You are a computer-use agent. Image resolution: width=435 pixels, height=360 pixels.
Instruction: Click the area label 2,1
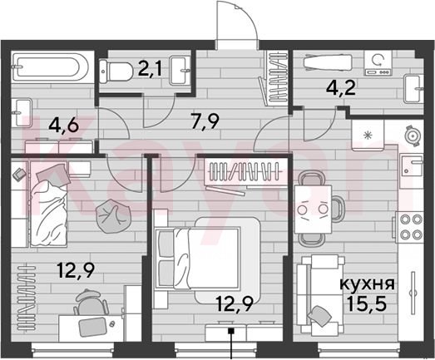pyautogui.click(x=150, y=69)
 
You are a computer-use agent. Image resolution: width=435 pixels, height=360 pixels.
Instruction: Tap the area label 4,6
pyautogui.click(x=64, y=126)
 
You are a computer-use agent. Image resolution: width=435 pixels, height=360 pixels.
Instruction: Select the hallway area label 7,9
pyautogui.click(x=205, y=121)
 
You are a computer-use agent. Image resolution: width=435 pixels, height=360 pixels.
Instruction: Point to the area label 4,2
pyautogui.click(x=341, y=88)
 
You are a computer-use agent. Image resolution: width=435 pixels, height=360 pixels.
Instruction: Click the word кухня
pyautogui.click(x=368, y=284)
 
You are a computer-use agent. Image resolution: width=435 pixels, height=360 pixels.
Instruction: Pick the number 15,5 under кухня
pyautogui.click(x=367, y=304)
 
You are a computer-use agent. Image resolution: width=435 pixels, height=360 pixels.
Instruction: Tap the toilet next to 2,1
pyautogui.click(x=116, y=72)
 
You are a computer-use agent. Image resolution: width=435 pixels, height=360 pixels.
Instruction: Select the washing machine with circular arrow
pyautogui.click(x=378, y=63)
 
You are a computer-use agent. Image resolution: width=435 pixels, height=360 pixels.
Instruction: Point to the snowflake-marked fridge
pyautogui.click(x=368, y=136)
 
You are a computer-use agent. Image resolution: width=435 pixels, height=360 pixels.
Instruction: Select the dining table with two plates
pyautogui.click(x=314, y=210)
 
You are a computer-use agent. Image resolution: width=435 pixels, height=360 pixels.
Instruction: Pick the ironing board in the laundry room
pyautogui.click(x=328, y=62)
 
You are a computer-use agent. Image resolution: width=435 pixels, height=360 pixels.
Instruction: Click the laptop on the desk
pyautogui.click(x=92, y=328)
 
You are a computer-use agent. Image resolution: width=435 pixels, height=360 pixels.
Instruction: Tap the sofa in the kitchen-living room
pyautogui.click(x=320, y=294)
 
